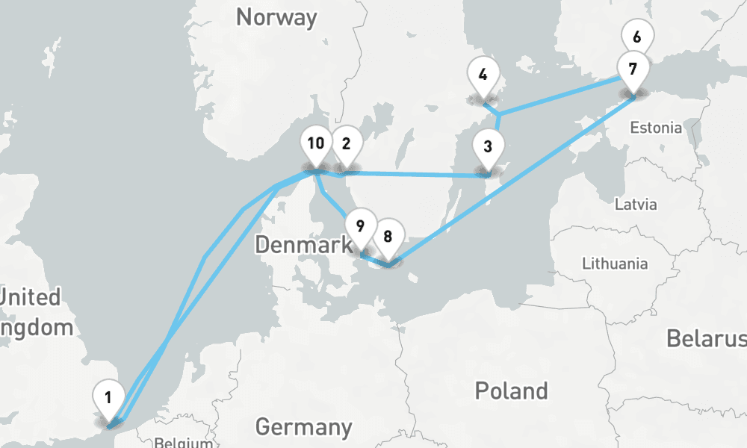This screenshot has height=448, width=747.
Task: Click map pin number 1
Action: [109, 396]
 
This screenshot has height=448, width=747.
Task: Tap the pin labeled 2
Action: [346, 144]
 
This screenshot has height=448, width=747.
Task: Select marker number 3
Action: [487, 146]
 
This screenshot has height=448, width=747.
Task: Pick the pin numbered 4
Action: [483, 75]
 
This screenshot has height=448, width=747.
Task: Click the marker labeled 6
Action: [636, 37]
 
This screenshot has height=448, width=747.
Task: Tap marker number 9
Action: [360, 225]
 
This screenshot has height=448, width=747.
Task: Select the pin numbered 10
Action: [316, 143]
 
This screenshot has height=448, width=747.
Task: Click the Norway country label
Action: [276, 17]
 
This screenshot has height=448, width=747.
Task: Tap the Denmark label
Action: [303, 244]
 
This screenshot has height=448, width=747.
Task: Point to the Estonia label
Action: [655, 128]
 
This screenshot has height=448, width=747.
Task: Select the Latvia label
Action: [635, 204]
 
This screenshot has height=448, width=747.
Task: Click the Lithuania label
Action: [615, 264]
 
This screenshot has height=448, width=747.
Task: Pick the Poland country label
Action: [511, 390]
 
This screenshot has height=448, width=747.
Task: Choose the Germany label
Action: [303, 427]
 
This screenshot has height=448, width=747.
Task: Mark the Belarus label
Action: [706, 338]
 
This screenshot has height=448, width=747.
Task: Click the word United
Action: [30, 297]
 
